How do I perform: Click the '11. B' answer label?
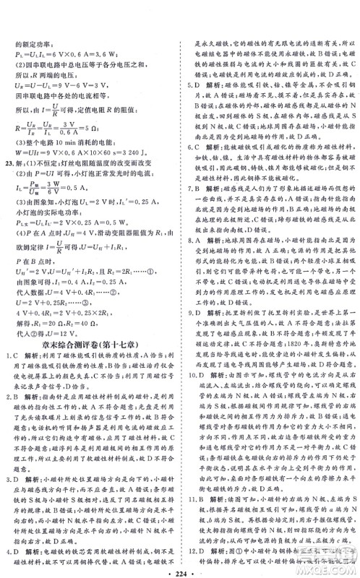point(194,498)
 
